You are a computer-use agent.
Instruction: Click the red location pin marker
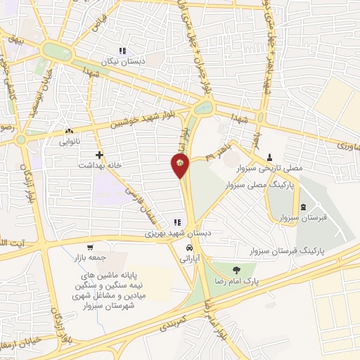[180, 165]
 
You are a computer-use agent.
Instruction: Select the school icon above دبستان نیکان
[122, 51]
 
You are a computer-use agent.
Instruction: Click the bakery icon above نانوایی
[68, 131]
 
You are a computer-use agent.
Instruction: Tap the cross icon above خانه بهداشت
[99, 154]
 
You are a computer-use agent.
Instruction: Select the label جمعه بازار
[89, 257]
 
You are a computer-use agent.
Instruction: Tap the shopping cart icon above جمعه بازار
[90, 247]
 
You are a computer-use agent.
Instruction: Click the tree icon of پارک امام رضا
[236, 270]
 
